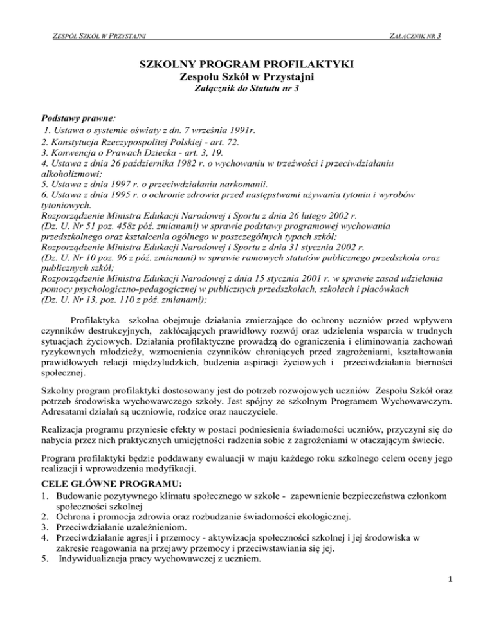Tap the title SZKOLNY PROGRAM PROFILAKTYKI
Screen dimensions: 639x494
click(246, 65)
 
